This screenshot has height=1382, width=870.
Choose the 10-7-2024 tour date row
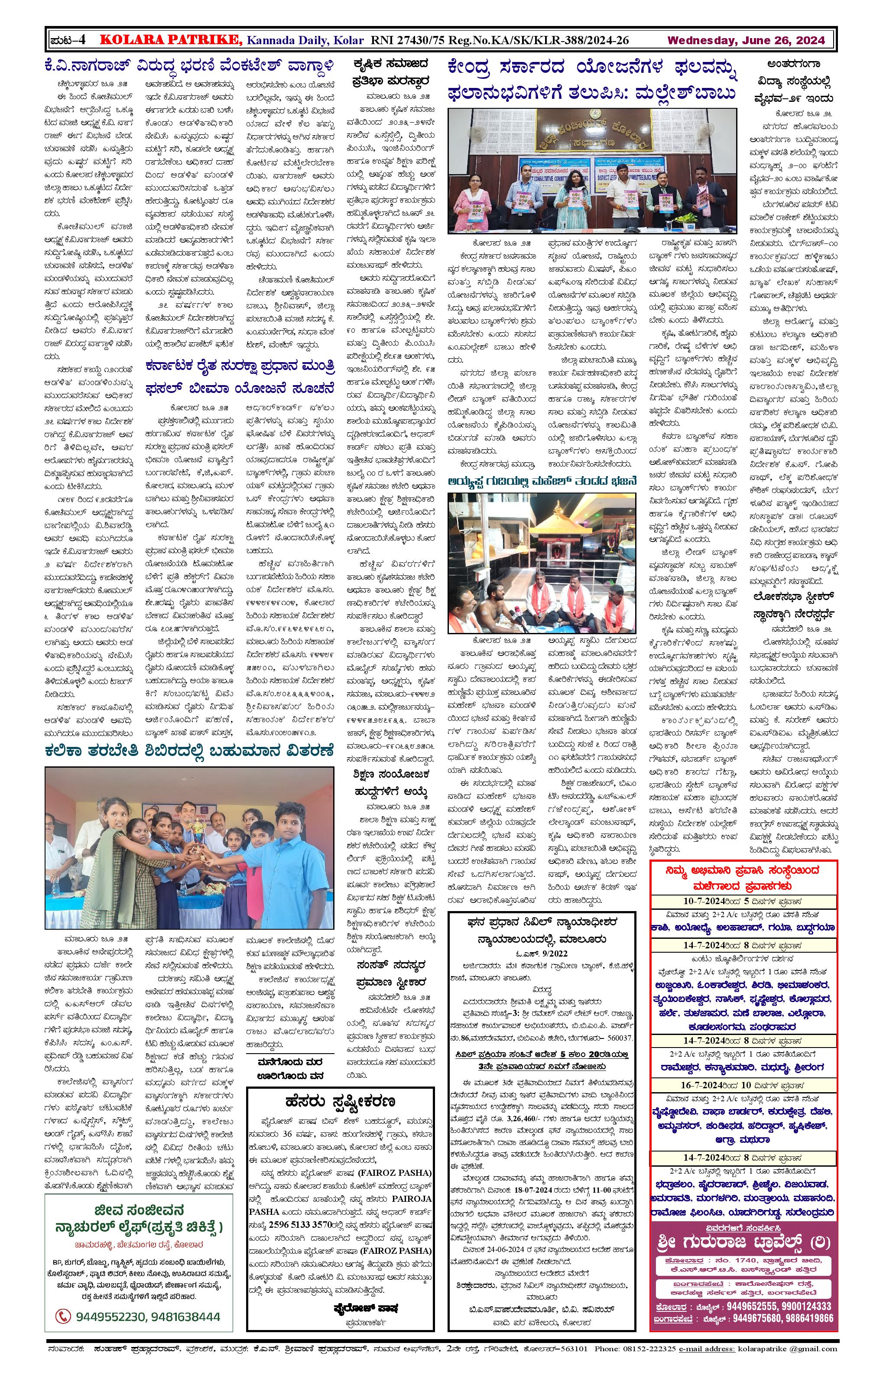point(743,901)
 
